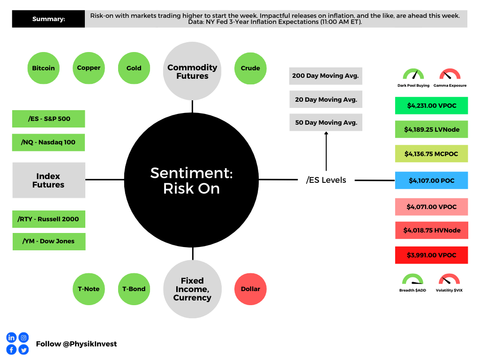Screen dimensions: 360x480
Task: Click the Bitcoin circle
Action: [x=44, y=68]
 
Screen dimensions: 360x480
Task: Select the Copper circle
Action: [x=89, y=68]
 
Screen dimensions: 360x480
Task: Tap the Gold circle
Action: [x=134, y=68]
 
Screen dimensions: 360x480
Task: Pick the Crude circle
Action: [x=250, y=68]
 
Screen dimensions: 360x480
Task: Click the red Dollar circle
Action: [x=250, y=289]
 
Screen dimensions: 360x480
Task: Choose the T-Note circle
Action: [x=89, y=289]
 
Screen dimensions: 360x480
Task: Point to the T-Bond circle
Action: [x=134, y=289]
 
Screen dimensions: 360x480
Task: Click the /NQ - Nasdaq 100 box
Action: [x=48, y=142]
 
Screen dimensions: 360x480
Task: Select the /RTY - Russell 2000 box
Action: [x=48, y=219]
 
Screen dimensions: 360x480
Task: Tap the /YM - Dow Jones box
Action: [x=48, y=241]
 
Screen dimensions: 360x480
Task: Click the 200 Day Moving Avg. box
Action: [x=325, y=76]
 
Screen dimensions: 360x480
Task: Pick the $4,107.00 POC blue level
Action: [x=431, y=180]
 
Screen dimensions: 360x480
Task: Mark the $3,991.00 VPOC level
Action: [x=431, y=255]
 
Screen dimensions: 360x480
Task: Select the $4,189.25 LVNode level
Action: [x=431, y=129]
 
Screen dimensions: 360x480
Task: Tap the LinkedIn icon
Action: [x=11, y=337]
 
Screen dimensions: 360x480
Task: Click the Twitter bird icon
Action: [x=23, y=350]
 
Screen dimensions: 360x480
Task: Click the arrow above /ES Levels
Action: [x=326, y=150]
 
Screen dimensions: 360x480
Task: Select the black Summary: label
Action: [x=48, y=19]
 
